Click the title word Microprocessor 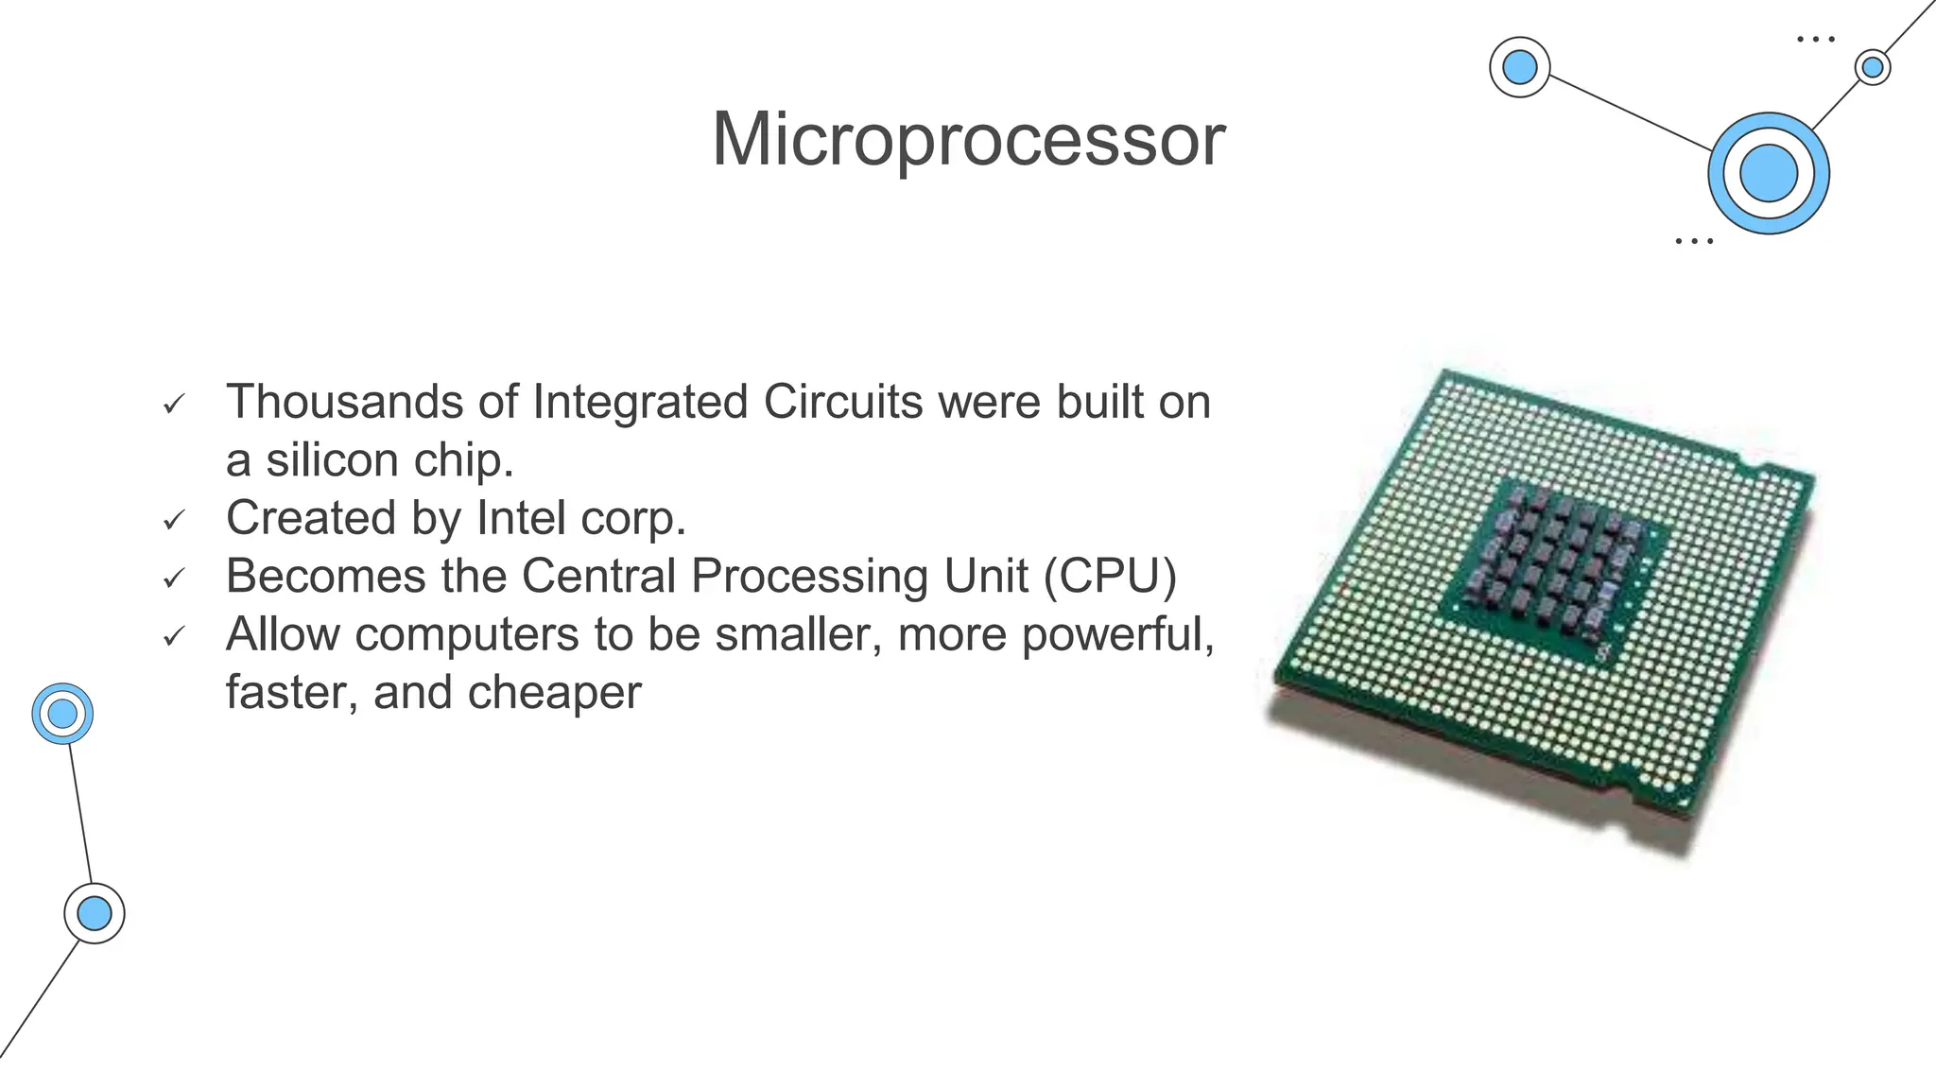(x=968, y=140)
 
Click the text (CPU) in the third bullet (x=1110, y=576)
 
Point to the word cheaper (x=554, y=692)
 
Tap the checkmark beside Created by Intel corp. (x=173, y=521)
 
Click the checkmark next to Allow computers (x=173, y=637)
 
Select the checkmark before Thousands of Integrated (x=173, y=405)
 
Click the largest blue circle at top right (x=1768, y=173)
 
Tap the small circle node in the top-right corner (x=1872, y=67)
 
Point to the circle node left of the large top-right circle (x=1519, y=67)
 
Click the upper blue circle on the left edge (x=62, y=714)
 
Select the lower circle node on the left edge (x=94, y=913)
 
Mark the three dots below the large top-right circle (x=1693, y=242)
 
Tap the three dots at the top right (x=1815, y=40)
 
